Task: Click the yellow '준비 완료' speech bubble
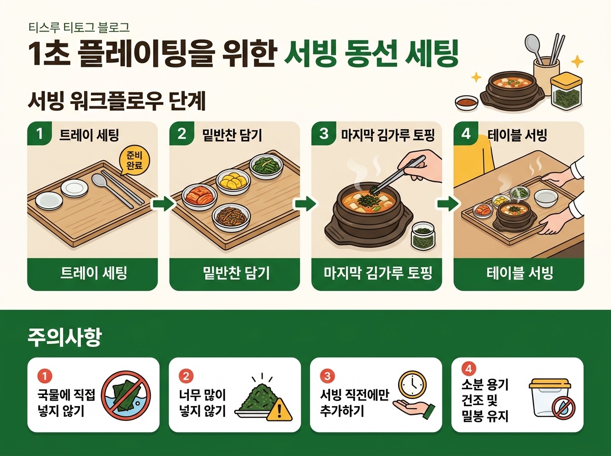click(x=134, y=161)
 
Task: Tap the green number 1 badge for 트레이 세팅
click(x=40, y=134)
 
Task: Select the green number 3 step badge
click(x=323, y=134)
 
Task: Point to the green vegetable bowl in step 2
click(x=266, y=166)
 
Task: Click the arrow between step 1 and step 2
click(x=164, y=204)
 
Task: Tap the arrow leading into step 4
click(x=448, y=204)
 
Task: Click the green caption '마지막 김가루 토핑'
click(x=378, y=273)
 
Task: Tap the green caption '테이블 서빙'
click(x=519, y=273)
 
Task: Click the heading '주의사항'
click(x=65, y=337)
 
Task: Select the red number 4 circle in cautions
click(x=469, y=369)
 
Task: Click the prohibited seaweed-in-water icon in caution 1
click(x=126, y=395)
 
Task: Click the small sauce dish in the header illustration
click(x=466, y=102)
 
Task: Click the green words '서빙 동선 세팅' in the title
click(x=371, y=55)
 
